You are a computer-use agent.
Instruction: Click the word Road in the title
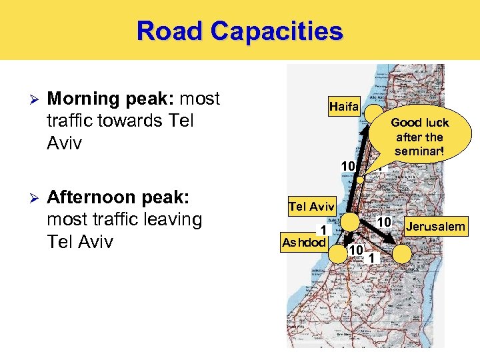coord(169,31)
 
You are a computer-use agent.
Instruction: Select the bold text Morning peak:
coord(111,99)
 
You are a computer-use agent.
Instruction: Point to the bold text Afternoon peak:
coord(119,199)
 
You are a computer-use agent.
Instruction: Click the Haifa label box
coord(344,107)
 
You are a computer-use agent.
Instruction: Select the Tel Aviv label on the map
coord(311,207)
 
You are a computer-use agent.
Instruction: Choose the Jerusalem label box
coord(435,227)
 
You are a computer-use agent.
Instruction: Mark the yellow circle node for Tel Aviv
coord(351,223)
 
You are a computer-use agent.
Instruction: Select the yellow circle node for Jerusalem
coord(402,253)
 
